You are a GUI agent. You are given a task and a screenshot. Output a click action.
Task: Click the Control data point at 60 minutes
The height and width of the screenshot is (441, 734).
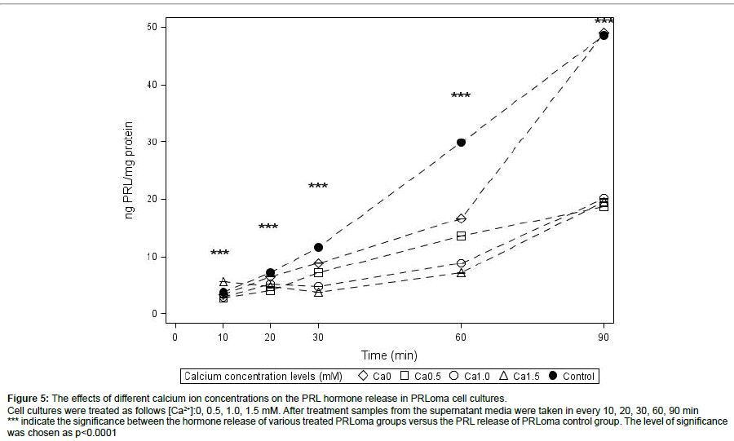point(461,142)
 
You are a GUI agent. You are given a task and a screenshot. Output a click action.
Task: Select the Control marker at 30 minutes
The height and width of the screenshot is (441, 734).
point(318,247)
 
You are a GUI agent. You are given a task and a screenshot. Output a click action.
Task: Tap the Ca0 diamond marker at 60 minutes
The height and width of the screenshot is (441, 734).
point(461,218)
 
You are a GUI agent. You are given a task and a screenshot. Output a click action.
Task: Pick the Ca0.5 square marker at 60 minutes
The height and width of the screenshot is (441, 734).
point(461,236)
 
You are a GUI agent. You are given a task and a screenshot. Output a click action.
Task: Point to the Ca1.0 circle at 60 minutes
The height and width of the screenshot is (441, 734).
point(461,263)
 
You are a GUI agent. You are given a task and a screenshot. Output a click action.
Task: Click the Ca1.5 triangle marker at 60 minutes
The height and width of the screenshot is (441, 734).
point(461,272)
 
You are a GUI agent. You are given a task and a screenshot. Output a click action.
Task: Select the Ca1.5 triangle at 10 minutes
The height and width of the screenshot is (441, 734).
point(223,281)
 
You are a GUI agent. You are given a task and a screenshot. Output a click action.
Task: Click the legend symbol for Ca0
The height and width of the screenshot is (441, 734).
point(364,376)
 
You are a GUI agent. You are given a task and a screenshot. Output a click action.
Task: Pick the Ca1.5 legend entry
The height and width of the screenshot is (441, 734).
point(520,376)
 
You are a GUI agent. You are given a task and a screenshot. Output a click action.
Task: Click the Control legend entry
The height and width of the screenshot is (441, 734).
point(572,376)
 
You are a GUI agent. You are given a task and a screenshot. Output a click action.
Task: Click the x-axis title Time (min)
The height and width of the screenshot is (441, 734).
point(389,355)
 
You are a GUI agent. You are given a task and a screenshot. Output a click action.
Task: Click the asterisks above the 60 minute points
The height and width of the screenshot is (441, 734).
point(461,96)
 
